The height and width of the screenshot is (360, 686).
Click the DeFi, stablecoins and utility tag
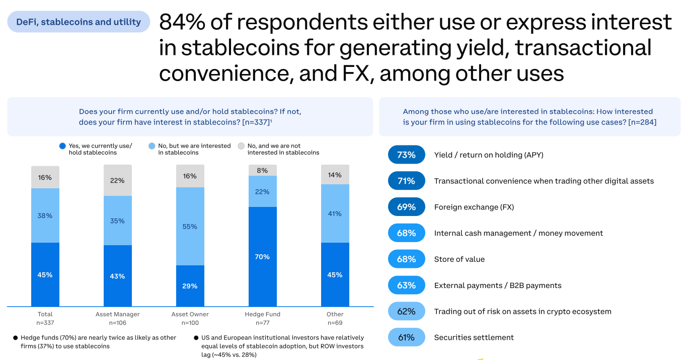pos(79,22)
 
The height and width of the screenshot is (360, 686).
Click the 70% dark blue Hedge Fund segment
pos(262,256)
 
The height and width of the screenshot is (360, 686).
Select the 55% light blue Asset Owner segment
pos(190,226)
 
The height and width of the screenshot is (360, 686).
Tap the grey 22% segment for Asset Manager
pos(117,180)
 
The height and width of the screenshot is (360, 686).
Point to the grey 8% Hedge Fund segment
pos(262,171)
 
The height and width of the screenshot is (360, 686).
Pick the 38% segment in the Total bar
pos(45,215)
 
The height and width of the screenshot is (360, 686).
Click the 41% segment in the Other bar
pos(335,213)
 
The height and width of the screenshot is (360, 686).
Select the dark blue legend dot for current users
pos(62,146)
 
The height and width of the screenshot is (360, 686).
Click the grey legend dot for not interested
pos(241,146)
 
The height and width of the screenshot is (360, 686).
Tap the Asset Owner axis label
pos(190,314)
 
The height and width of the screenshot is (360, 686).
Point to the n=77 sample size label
pos(262,323)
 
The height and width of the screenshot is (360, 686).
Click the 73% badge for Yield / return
pos(406,155)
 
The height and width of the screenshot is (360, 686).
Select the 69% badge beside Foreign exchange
pos(406,207)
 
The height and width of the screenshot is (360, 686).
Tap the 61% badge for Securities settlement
pos(406,337)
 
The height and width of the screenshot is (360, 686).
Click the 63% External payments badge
pos(406,285)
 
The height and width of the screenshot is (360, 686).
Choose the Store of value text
pos(459,259)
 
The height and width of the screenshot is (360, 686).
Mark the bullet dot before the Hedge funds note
pos(15,338)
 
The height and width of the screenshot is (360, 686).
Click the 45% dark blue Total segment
pos(45,274)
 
